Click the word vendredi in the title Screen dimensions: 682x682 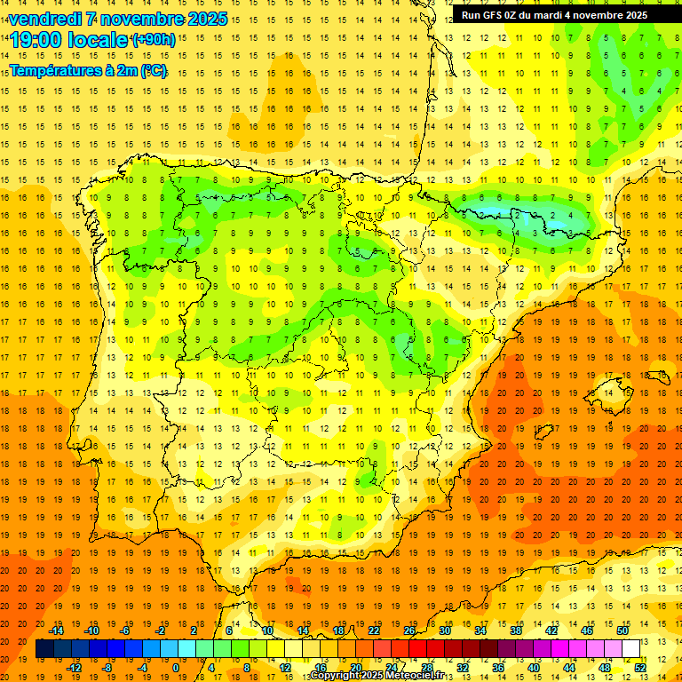coord(44,19)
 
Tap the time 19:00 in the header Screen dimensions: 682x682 coord(36,40)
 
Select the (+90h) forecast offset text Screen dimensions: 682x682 coord(153,40)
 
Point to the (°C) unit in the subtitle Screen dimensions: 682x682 coord(153,70)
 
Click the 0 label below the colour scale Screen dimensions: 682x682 coord(176,668)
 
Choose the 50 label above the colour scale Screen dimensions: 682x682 coord(623,630)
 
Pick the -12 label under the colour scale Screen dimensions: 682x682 coord(74,668)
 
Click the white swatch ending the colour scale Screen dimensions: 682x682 coord(630,649)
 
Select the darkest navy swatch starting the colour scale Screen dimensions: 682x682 coord(44,649)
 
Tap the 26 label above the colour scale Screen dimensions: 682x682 coord(409,630)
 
